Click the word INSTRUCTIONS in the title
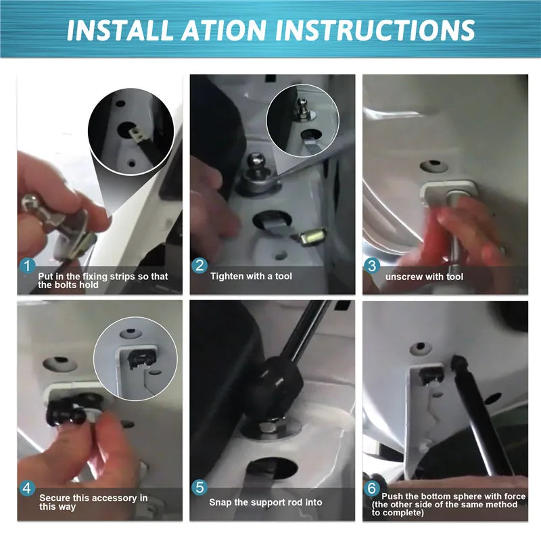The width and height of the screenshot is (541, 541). pos(375,30)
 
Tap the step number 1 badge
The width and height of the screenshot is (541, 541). pos(27,266)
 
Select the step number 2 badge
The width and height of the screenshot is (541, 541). pos(199,265)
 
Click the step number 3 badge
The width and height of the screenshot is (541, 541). pos(372,265)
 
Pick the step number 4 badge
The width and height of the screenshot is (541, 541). pos(27,488)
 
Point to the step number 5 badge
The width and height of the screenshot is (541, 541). pos(199,487)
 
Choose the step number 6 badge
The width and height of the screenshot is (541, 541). pos(372,488)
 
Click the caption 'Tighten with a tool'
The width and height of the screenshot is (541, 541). pos(251,276)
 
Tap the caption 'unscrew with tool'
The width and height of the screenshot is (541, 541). pos(424,277)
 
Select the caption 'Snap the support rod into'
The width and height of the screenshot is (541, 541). pos(266,502)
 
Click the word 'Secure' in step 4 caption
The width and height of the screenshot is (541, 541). pos(54,498)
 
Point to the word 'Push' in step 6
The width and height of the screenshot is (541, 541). pos(392,496)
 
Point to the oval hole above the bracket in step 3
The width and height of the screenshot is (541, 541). pos(433,166)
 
